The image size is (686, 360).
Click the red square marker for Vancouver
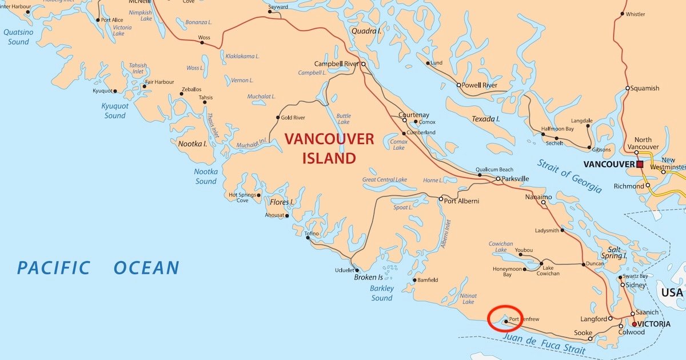coord(640,165)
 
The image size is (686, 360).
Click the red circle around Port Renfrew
coord(505,319)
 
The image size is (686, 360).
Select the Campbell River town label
coord(336,64)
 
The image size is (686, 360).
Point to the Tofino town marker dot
coord(308,238)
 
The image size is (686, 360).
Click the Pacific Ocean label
coord(98,267)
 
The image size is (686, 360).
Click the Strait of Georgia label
coord(569,176)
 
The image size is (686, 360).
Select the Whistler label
coord(635,14)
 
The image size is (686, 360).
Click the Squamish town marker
coord(627,89)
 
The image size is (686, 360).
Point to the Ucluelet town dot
coord(357,270)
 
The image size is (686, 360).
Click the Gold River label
coord(293,118)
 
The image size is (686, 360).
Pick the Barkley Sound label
coord(382,293)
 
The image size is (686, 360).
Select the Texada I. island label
coord(486,119)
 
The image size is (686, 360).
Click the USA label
coord(672,293)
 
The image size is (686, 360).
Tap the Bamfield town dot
coord(414,280)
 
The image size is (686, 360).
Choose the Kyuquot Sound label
coord(115,111)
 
